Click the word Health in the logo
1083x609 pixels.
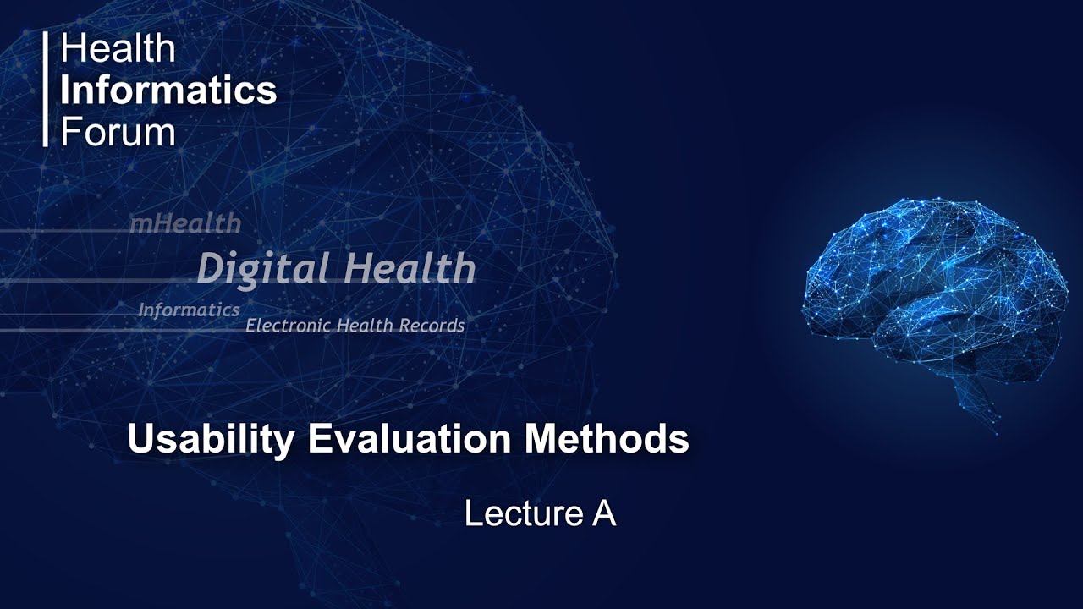point(118,49)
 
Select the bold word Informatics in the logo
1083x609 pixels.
point(168,91)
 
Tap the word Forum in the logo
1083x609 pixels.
point(118,132)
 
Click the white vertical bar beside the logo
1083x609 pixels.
point(46,90)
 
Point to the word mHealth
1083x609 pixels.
point(184,224)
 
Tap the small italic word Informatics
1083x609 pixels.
point(189,310)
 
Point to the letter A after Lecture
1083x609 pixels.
point(603,513)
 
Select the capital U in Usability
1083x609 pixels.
point(140,440)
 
